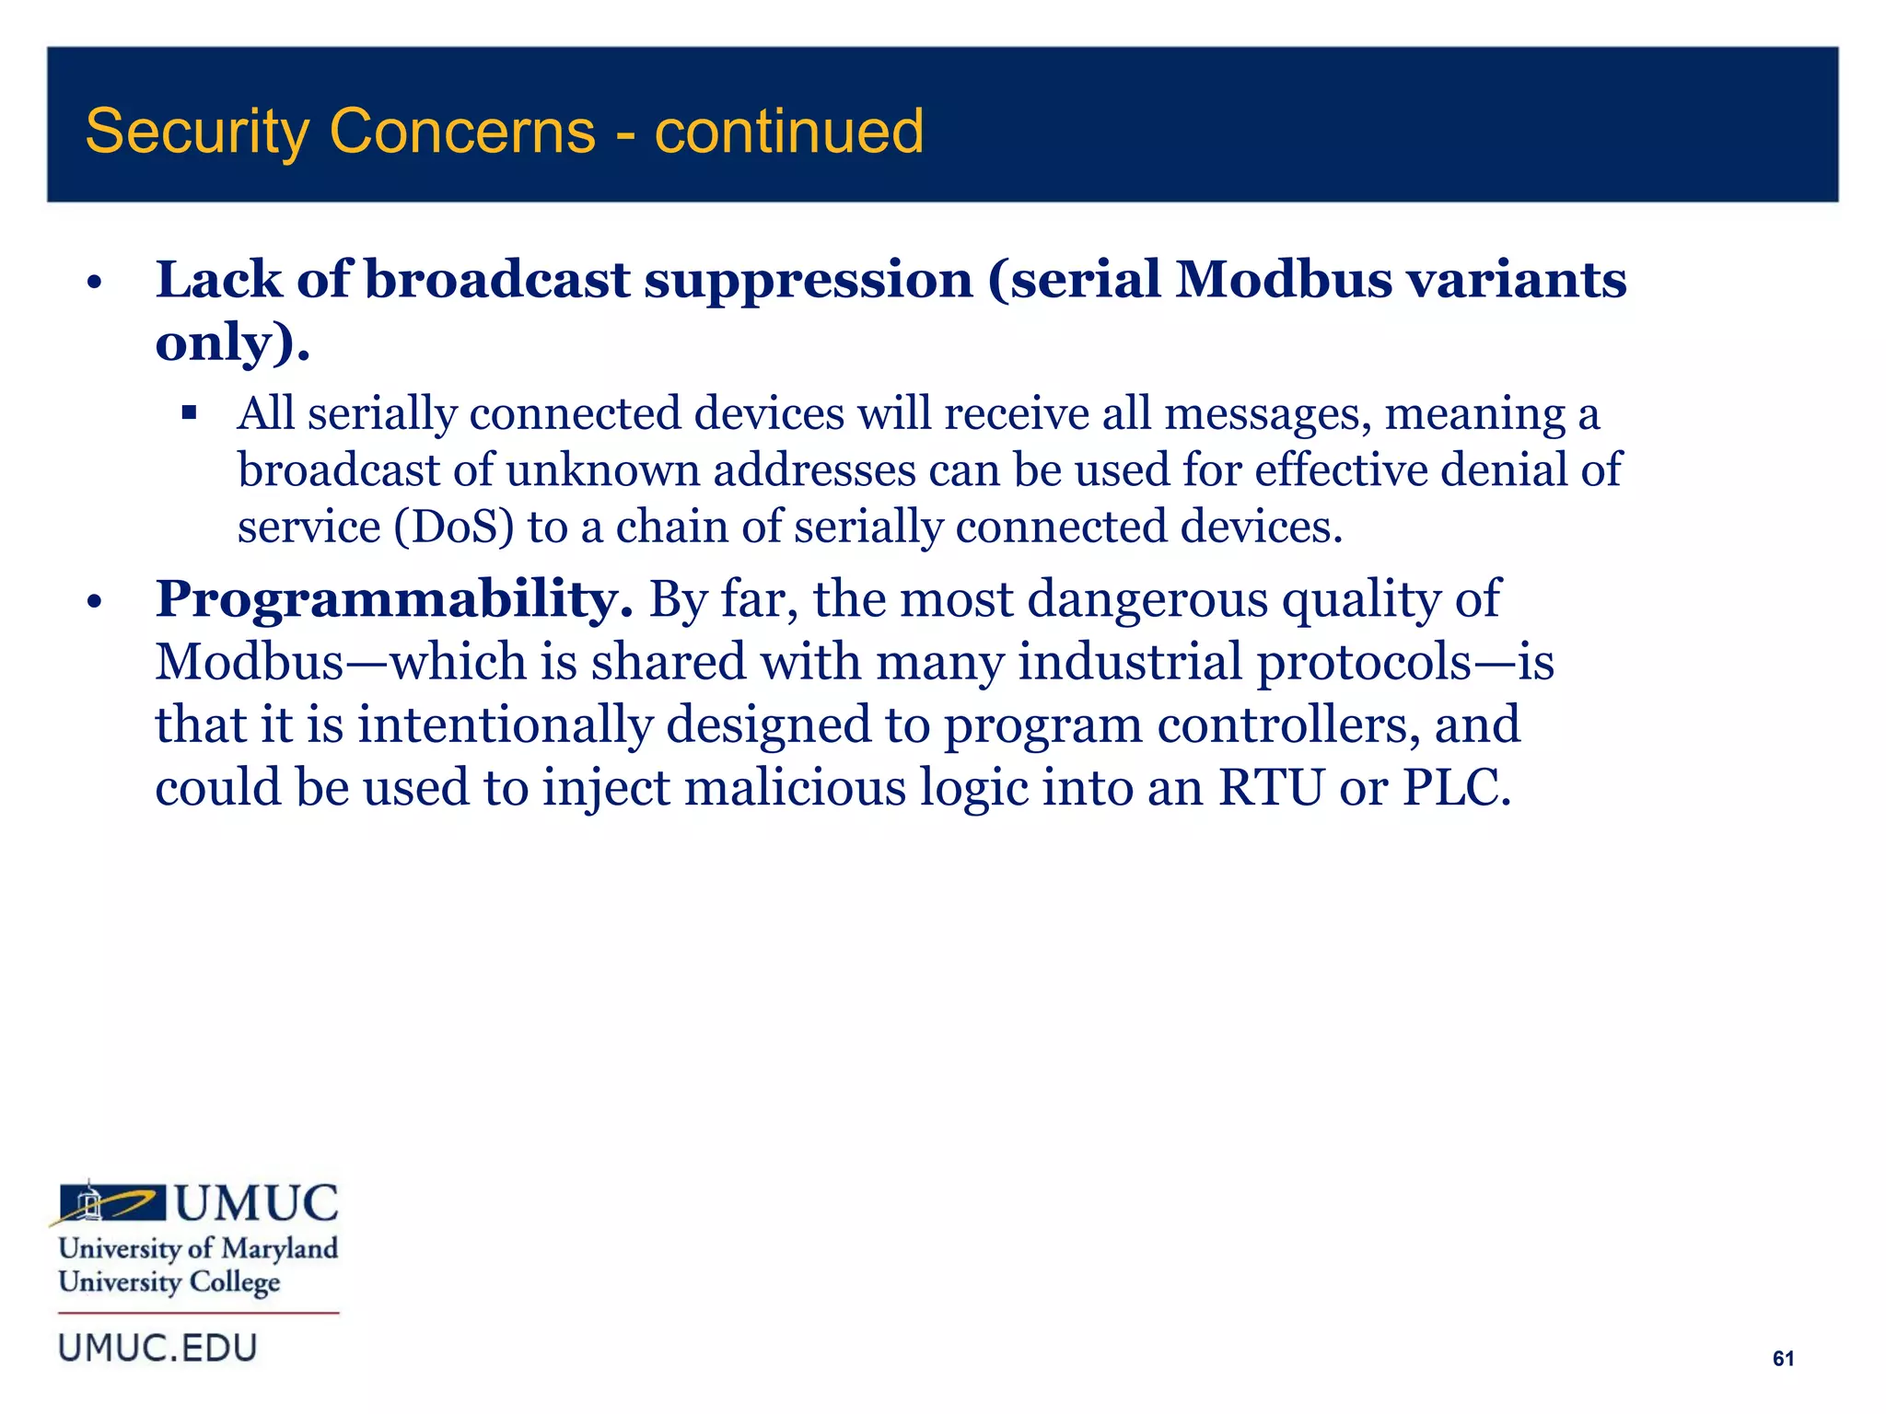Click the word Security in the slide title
[x=196, y=132]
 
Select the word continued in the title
[x=788, y=132]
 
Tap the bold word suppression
[x=808, y=281]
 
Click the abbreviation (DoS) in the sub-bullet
[x=453, y=527]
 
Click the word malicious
[x=795, y=788]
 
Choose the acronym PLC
[x=1455, y=788]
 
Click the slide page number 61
[x=1783, y=1359]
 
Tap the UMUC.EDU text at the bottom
[x=157, y=1349]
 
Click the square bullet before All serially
[x=190, y=412]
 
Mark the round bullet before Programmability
[x=92, y=603]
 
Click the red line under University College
[x=199, y=1313]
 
